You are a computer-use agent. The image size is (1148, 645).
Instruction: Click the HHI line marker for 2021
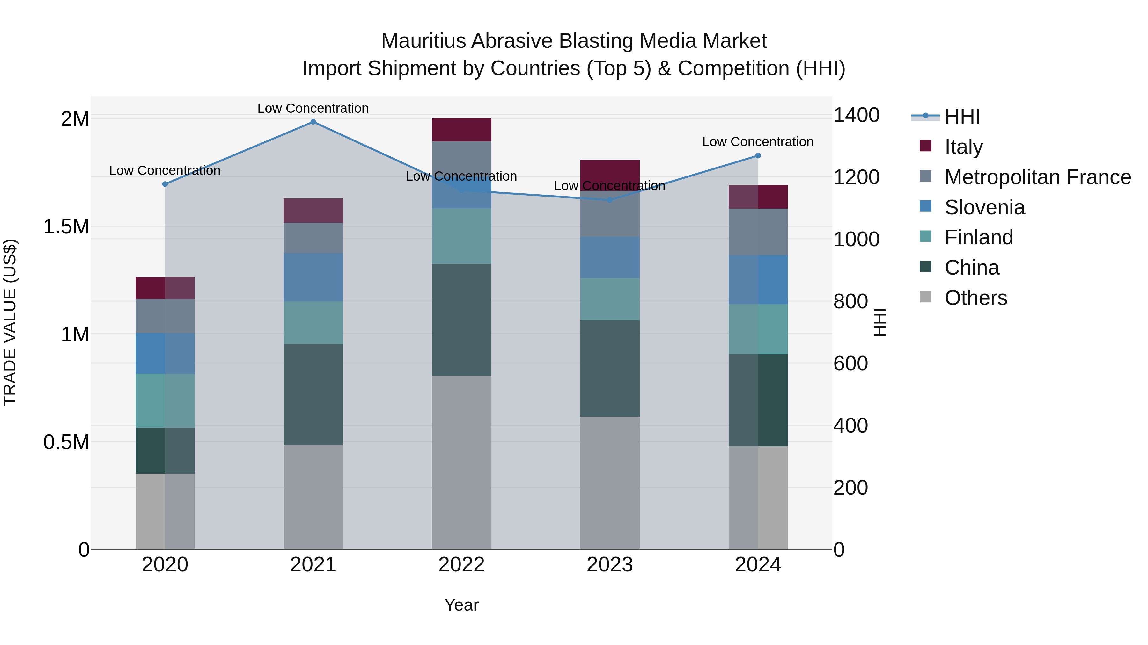coord(313,122)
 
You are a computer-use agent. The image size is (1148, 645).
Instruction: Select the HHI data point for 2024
coord(758,156)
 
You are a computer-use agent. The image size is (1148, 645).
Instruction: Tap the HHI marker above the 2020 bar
coord(165,184)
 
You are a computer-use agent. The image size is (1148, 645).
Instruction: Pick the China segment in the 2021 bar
coord(313,394)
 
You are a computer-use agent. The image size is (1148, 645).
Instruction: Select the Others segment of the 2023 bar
coord(610,483)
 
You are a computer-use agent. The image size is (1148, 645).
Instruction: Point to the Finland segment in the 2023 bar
coord(610,299)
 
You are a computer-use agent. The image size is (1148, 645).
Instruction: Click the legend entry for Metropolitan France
coord(1037,177)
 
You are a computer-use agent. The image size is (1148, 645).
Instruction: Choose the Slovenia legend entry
coord(984,207)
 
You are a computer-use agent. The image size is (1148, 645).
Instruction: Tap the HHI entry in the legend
coord(962,117)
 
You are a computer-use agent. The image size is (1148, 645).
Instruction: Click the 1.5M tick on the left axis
coord(66,226)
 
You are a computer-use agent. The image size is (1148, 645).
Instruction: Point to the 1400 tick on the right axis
coord(856,115)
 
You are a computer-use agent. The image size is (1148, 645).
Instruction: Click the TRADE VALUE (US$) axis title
coord(10,322)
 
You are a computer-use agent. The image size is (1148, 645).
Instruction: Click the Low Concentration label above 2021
coord(313,108)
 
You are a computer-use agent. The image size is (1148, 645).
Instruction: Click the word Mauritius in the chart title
coord(423,41)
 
